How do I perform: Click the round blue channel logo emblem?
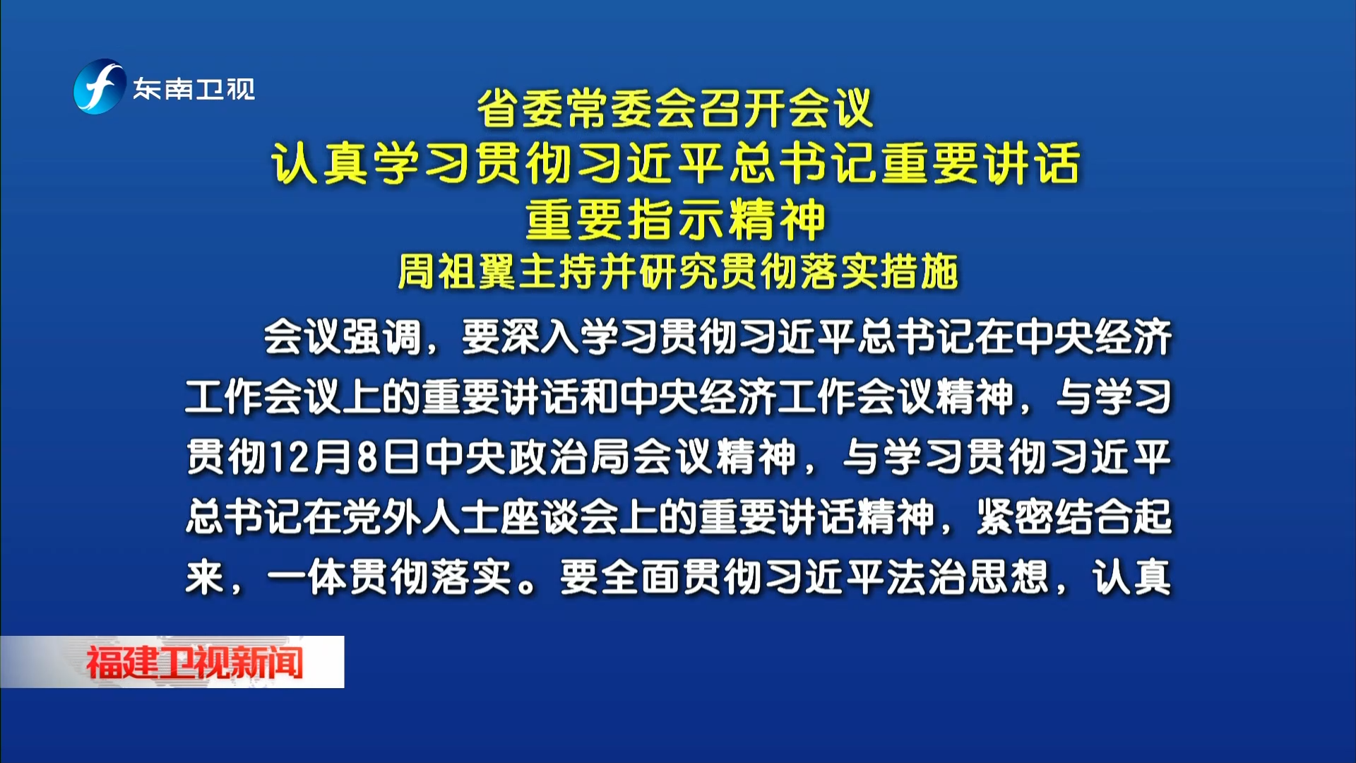tap(100, 87)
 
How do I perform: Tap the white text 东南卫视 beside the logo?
tap(194, 89)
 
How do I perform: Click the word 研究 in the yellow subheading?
tap(678, 272)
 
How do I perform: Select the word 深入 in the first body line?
tap(540, 337)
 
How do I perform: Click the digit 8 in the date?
tap(368, 457)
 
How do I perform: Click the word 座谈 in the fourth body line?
tap(540, 516)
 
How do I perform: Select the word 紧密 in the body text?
tap(1015, 516)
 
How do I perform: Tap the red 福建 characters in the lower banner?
tap(121, 663)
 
